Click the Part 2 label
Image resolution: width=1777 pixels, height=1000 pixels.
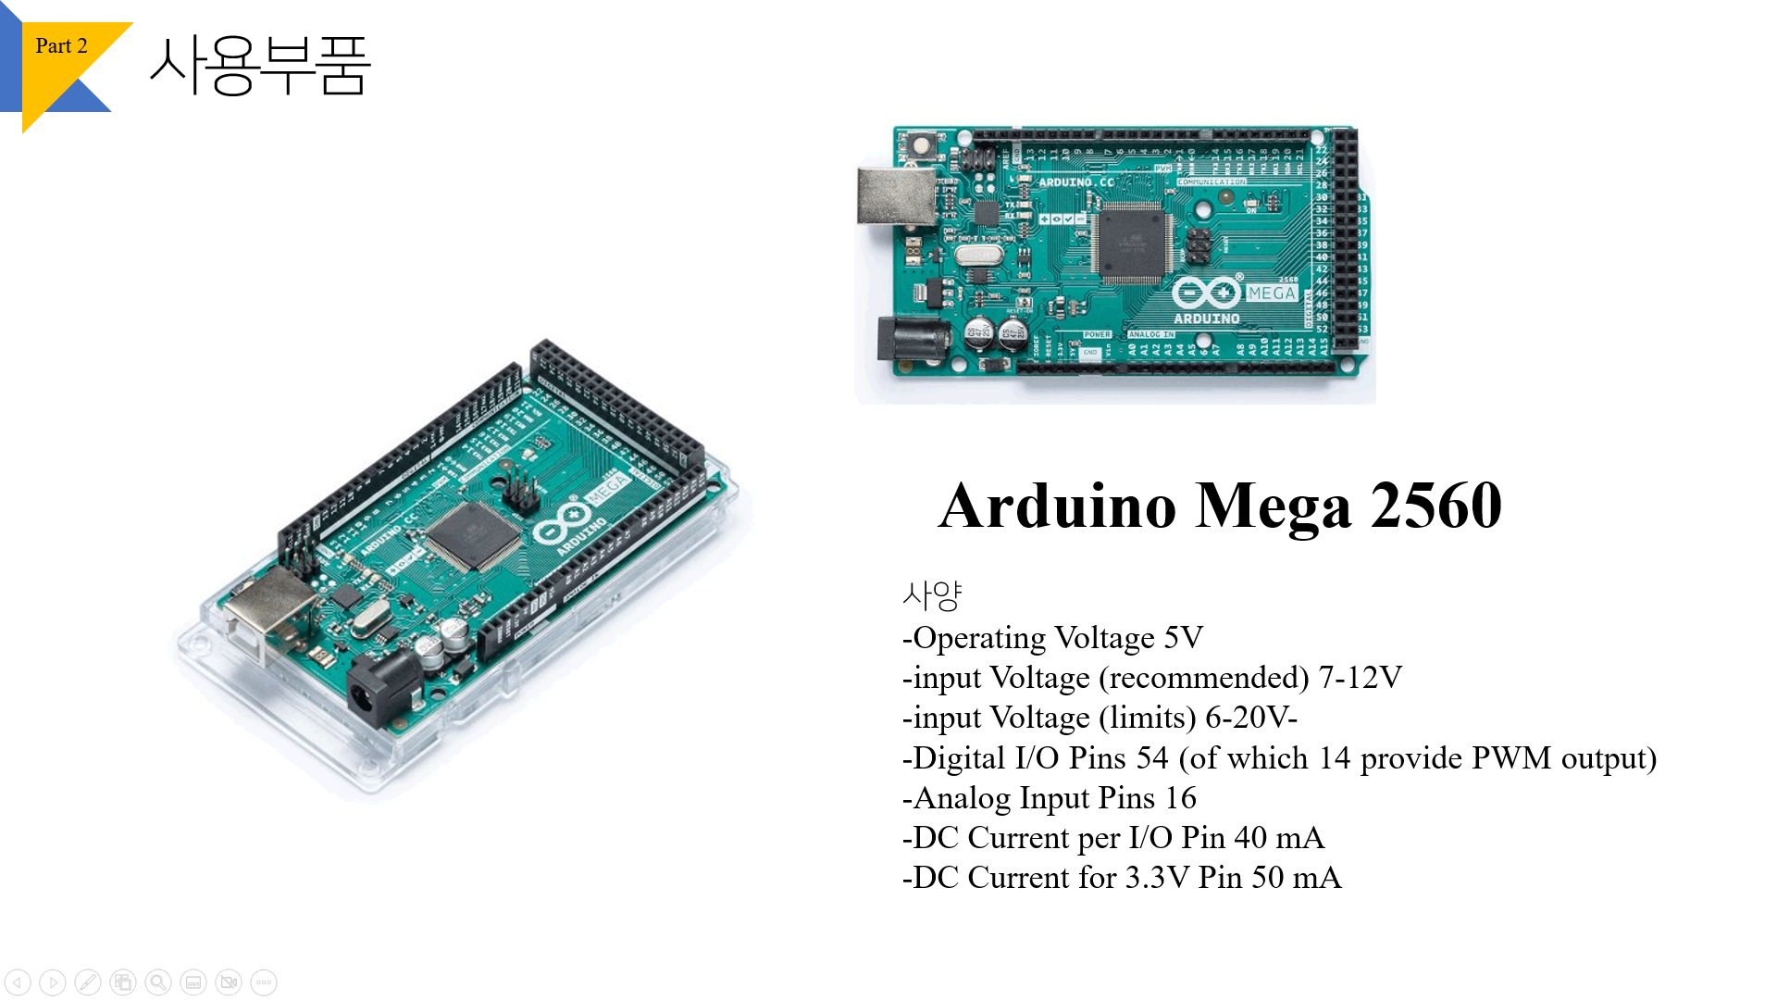tap(61, 46)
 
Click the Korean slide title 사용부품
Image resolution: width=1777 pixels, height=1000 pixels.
tap(260, 65)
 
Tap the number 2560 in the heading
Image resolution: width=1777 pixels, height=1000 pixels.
tap(1435, 506)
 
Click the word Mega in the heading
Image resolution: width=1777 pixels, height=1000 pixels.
tap(1274, 506)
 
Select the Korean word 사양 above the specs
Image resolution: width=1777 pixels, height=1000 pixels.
tap(932, 595)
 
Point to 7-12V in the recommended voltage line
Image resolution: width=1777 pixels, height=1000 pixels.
tap(1360, 678)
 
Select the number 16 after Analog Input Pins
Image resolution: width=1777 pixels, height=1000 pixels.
tap(1180, 798)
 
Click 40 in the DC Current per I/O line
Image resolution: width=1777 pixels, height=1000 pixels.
tap(1249, 838)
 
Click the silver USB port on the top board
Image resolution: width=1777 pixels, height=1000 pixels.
tap(895, 195)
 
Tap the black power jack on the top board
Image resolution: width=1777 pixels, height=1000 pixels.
tap(911, 338)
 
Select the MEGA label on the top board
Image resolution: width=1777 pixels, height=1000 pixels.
tap(1271, 293)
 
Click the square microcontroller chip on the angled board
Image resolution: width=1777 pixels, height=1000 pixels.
tap(473, 536)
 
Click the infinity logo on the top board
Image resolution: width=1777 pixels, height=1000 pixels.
tap(1206, 294)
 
